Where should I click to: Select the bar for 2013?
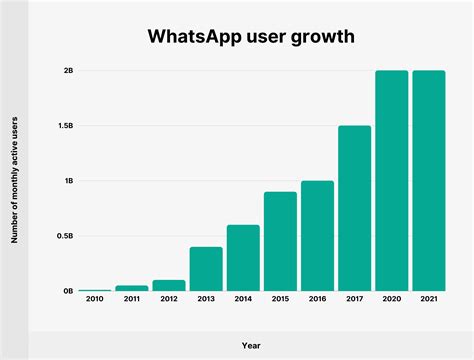[206, 268]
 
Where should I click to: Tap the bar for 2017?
[354, 208]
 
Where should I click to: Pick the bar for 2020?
[391, 180]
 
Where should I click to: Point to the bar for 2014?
[243, 257]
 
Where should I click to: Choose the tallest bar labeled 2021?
[428, 180]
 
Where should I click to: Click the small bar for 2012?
[169, 285]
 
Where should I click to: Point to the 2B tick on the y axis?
[67, 71]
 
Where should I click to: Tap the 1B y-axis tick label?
[67, 181]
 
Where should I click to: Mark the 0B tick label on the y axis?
[67, 291]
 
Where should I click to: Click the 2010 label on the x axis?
[95, 299]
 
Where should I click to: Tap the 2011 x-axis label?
[132, 299]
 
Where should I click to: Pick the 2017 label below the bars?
[354, 299]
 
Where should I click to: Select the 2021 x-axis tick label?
[428, 299]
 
